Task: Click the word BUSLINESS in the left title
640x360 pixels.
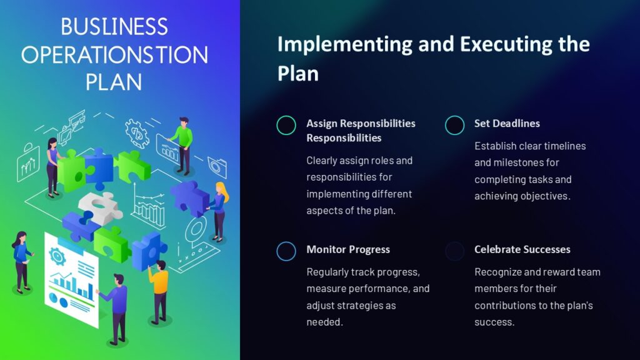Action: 114,27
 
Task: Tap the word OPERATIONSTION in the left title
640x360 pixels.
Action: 114,54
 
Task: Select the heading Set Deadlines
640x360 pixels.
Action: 507,123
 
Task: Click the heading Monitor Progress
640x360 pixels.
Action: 347,249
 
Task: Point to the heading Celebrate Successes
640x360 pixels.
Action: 522,249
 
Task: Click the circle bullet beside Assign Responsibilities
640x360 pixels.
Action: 286,125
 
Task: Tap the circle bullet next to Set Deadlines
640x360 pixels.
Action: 454,125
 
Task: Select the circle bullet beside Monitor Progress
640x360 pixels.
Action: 286,251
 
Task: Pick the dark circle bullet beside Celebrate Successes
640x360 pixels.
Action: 454,251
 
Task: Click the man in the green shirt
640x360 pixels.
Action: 182,144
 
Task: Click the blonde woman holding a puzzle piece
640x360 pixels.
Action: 219,210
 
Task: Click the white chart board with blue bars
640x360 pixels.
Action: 71,278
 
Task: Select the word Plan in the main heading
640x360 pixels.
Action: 297,72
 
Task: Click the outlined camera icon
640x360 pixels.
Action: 217,166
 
